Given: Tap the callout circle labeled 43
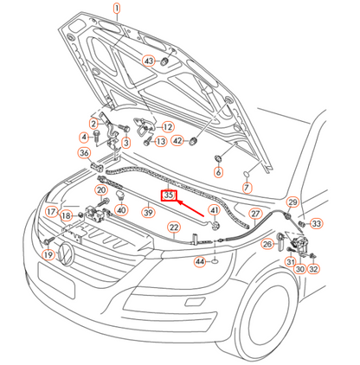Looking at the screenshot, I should tap(149, 61).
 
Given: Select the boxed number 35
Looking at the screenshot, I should tap(170, 196).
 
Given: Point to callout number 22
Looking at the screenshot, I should tap(173, 228).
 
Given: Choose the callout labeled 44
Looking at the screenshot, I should tap(200, 259).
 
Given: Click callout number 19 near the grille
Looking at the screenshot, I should tap(48, 255).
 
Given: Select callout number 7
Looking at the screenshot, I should tap(246, 187).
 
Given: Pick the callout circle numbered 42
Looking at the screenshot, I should tap(177, 140).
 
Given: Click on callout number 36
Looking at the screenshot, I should tap(84, 153).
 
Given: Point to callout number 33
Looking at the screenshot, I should tap(317, 223).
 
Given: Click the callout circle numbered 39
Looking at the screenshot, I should tap(148, 212).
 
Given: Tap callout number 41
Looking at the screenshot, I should tap(214, 211).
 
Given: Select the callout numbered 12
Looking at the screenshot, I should tap(168, 126).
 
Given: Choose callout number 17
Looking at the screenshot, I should tap(51, 211).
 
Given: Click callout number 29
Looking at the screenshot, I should tap(292, 202).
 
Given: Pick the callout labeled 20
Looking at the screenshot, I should tap(100, 190).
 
